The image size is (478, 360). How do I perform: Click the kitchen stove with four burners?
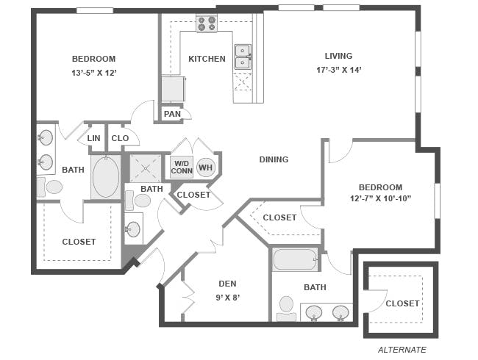coord(207,24)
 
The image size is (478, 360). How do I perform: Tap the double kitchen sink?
coord(243,57)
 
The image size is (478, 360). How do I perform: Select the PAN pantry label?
coord(172,114)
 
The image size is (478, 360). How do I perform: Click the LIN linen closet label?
coord(93,138)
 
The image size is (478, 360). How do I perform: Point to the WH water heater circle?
coord(206,168)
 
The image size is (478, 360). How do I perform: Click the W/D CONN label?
coord(182,168)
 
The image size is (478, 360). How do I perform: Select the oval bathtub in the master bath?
coord(106,177)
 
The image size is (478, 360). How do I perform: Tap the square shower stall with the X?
coord(146,168)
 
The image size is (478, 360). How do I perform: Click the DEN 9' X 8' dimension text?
coord(228,298)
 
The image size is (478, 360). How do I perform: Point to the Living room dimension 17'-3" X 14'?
coord(339,70)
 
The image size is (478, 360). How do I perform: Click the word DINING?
coord(274,159)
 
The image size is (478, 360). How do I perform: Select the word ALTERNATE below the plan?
coord(402,350)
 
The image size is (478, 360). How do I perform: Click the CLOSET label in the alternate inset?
coord(402,303)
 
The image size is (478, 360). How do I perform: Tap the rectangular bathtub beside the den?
coord(295,259)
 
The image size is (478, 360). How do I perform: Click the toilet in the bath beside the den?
coord(287,309)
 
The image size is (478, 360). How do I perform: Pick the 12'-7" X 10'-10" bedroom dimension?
coord(380,198)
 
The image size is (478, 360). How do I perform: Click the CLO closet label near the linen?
coord(120,138)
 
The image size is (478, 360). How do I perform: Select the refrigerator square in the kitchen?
coord(173,89)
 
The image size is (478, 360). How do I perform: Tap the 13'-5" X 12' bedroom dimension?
coord(94,73)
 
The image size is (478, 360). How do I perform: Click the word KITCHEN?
coord(207,59)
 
